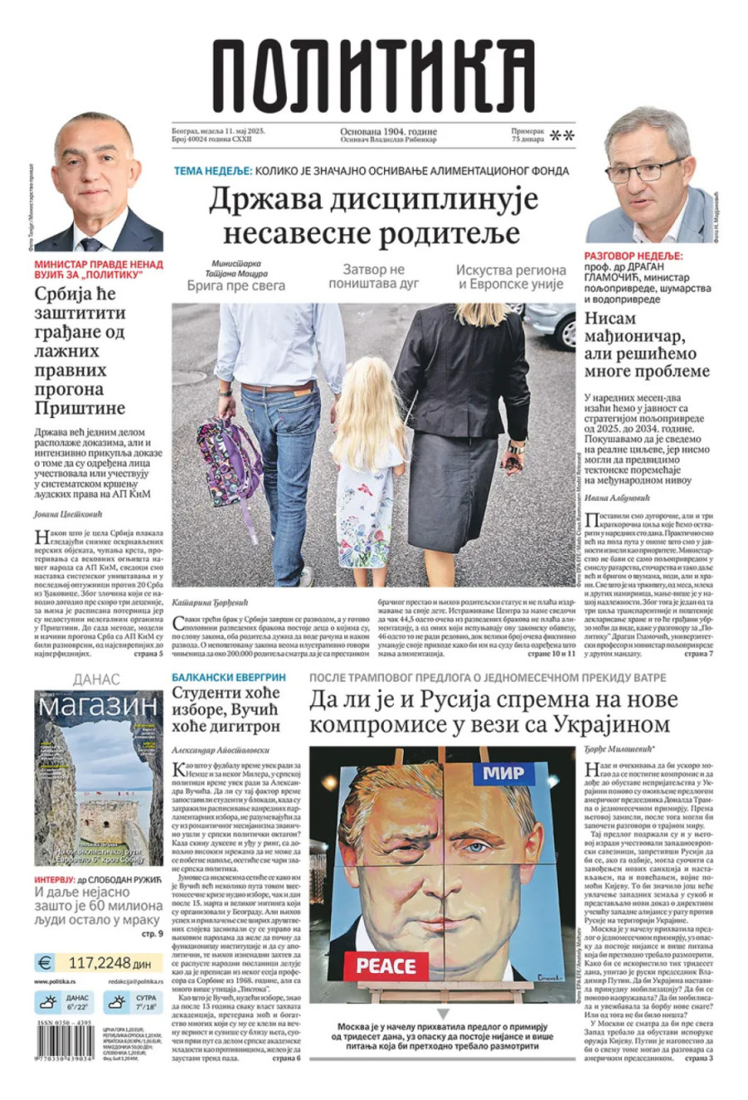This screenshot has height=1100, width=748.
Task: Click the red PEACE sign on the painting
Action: coord(386,965)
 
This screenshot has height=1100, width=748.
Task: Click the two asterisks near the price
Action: coord(563,136)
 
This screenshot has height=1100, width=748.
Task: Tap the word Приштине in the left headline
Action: coord(80,408)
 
